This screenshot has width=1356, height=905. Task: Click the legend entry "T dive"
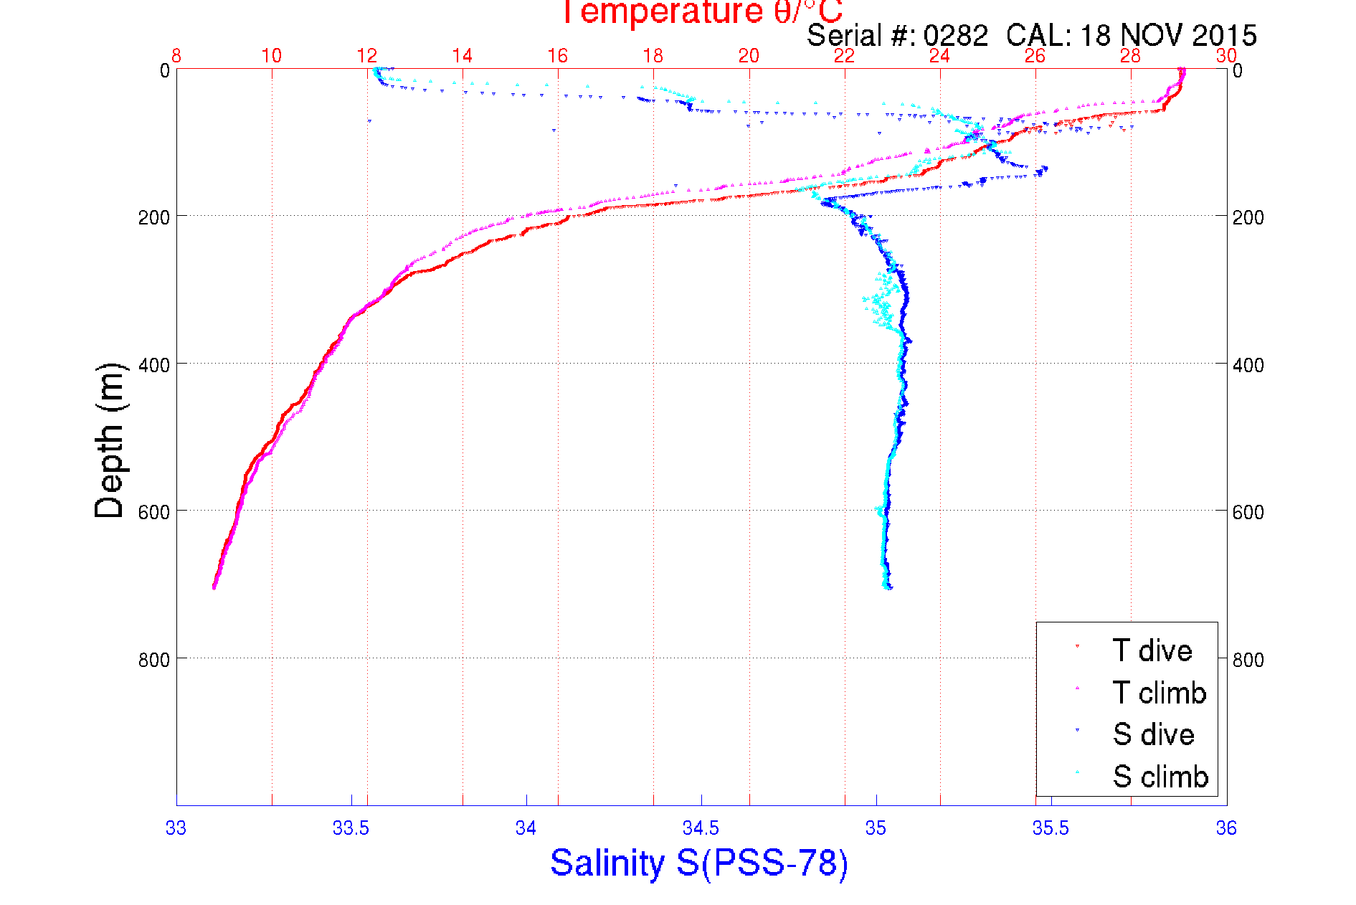coord(1152,650)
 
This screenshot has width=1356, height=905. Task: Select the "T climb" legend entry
coord(1159,693)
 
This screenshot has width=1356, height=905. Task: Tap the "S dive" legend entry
coord(1153,734)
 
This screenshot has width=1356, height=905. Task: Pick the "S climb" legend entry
coord(1160,777)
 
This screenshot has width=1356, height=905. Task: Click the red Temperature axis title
coord(701,12)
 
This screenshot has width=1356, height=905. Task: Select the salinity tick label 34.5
coord(701,828)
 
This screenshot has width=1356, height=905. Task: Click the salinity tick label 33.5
coord(351,828)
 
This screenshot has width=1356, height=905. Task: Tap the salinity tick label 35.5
coord(1051,828)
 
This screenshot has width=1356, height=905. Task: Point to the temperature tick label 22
coord(844,56)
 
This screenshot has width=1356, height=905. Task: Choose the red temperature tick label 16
coord(557,56)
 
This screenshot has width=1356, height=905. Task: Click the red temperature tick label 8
coord(176,56)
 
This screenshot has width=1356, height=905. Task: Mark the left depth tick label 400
coord(153,365)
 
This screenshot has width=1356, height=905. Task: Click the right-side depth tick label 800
coord(1248,660)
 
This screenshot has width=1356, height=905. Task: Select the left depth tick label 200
coord(153,217)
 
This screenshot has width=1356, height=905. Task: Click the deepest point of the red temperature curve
coord(214,587)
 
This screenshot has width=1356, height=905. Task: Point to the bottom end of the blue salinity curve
coord(890,587)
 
